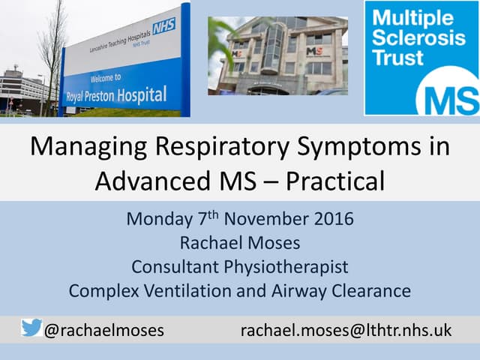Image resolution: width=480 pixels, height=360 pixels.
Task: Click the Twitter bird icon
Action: point(31,328)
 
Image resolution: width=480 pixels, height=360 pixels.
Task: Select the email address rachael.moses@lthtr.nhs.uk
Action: point(346,330)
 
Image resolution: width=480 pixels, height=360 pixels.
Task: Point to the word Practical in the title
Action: point(325,181)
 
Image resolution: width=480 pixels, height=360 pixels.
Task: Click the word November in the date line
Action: point(265,220)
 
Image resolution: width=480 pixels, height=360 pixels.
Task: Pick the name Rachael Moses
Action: point(239,243)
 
